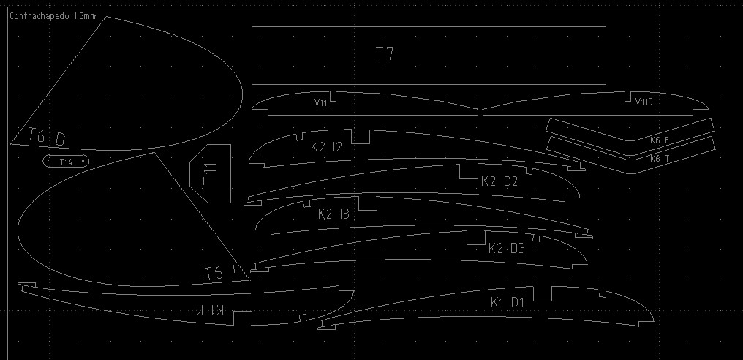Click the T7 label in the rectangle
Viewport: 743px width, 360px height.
385,53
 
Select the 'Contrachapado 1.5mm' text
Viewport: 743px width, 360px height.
52,16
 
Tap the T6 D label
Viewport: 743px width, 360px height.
47,137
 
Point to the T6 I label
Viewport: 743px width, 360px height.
220,273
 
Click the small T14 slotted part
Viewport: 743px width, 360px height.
66,161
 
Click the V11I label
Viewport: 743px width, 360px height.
321,103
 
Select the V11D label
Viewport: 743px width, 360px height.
644,102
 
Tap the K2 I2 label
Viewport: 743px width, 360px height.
326,147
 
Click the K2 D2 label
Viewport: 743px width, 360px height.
499,181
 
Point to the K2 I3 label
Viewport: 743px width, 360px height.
333,214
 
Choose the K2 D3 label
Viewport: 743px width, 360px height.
507,249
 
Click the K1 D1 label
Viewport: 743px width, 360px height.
508,302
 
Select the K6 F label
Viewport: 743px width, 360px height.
660,140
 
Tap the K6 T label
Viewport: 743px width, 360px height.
660,158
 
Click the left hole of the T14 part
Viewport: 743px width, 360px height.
49,160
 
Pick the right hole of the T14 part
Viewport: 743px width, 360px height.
83,160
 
